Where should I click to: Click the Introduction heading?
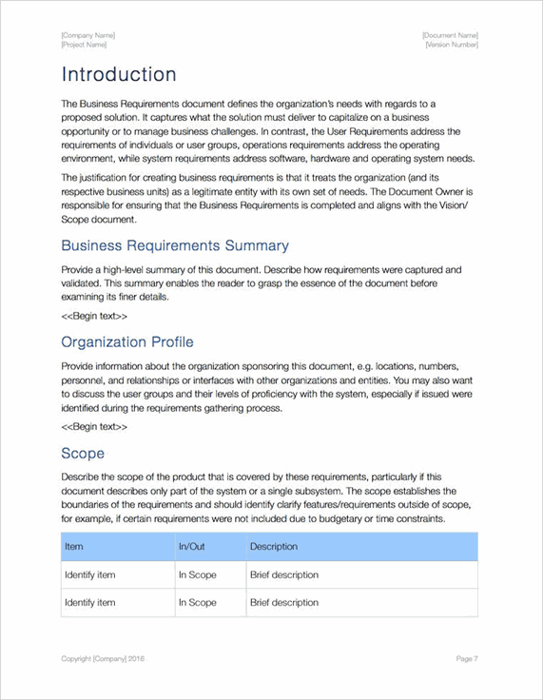point(119,74)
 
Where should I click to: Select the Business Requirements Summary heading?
point(175,245)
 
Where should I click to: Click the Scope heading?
point(83,453)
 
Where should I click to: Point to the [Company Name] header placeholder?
point(88,35)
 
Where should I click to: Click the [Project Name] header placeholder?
point(84,45)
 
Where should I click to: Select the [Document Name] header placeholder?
point(450,35)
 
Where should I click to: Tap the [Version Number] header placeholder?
point(452,45)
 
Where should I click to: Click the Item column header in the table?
point(73,547)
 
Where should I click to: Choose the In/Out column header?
point(191,547)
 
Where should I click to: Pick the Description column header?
point(273,547)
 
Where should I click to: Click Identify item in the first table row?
point(89,574)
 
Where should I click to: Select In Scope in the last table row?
point(197,602)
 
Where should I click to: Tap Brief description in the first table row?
point(283,574)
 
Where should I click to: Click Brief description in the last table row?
point(283,602)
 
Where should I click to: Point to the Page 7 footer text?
point(466,658)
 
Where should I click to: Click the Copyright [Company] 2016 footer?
point(103,658)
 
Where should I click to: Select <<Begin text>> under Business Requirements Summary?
point(94,315)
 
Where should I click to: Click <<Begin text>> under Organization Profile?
point(94,426)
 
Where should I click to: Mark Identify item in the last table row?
point(89,602)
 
